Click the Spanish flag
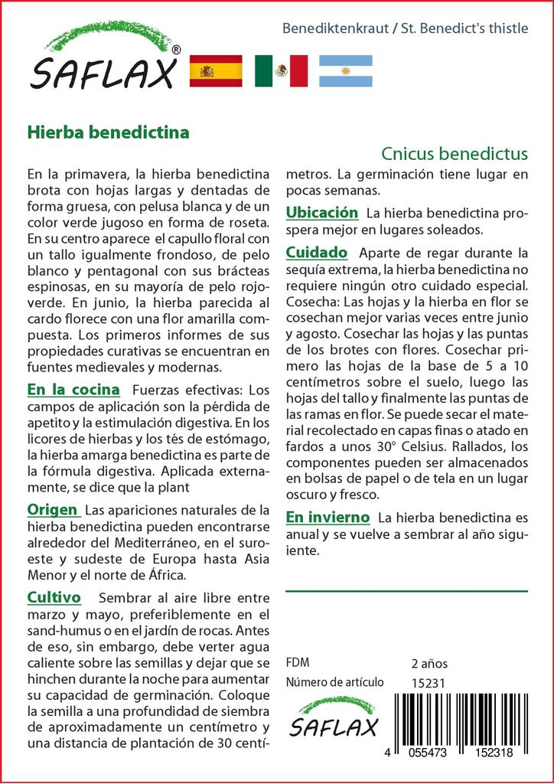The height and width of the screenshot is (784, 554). [215, 70]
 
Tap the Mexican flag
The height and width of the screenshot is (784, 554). [281, 70]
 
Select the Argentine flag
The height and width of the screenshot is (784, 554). [346, 70]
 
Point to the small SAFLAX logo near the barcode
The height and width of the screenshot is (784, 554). [334, 717]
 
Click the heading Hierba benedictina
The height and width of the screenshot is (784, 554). [108, 132]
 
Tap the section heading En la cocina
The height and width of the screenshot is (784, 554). [73, 390]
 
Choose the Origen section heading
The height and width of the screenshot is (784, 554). [52, 509]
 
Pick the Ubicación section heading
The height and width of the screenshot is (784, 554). [322, 212]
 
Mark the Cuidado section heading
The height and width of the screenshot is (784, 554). [317, 252]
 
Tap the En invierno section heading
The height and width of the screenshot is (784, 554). [328, 518]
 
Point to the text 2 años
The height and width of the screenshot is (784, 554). [429, 663]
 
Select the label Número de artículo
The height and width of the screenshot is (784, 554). [333, 682]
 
